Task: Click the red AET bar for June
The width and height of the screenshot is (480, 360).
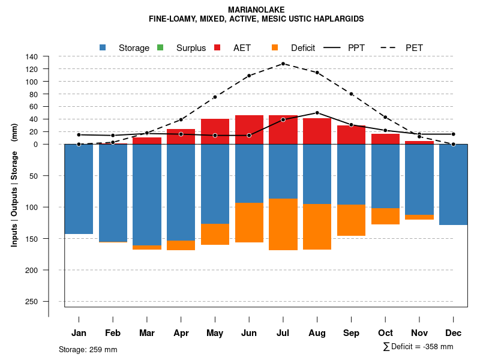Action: (249, 130)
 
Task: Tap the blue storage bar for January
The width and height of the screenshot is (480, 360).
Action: (79, 189)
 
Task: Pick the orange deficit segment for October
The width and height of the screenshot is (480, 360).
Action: (385, 216)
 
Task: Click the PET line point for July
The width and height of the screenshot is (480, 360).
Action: (283, 64)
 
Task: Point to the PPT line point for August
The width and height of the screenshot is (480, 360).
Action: (317, 113)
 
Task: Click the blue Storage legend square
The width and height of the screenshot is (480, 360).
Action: (103, 47)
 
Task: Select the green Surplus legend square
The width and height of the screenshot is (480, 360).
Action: (160, 47)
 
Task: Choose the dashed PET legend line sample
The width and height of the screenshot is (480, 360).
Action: (390, 47)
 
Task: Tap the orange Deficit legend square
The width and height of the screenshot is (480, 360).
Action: (275, 47)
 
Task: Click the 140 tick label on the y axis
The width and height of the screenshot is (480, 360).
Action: (32, 56)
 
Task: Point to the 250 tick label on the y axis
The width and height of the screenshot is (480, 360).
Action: (32, 301)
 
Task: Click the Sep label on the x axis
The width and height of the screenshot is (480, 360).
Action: (351, 333)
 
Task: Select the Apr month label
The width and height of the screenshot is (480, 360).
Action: (181, 333)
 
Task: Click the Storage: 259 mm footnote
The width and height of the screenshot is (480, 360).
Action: (88, 349)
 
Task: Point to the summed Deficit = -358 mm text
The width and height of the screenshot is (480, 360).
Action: (418, 346)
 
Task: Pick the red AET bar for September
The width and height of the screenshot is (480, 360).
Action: (351, 134)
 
